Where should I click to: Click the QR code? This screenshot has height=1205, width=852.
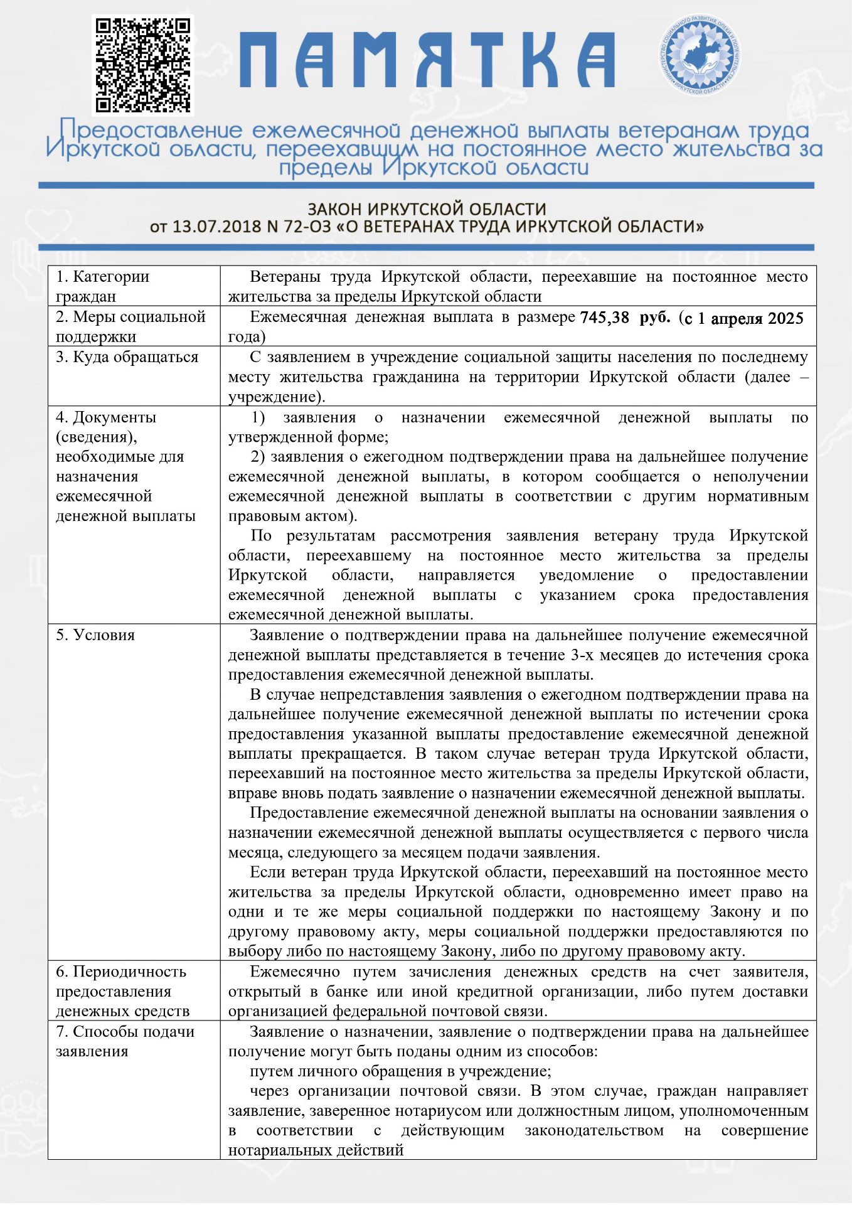click(142, 65)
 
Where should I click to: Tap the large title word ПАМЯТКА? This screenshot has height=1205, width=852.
click(427, 60)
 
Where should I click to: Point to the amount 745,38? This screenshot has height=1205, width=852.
click(604, 318)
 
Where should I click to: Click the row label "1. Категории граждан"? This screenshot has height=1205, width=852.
click(102, 286)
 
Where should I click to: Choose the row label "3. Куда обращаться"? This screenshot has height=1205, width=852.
click(127, 357)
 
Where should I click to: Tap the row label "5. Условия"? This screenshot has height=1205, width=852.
click(95, 635)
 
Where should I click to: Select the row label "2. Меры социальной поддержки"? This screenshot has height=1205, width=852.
click(130, 326)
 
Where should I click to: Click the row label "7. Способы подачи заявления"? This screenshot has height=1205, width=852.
click(125, 1041)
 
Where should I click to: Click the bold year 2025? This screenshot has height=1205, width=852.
click(785, 318)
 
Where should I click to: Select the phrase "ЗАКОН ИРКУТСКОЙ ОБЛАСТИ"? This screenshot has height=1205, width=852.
click(427, 209)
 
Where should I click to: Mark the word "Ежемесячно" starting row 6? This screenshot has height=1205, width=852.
click(295, 972)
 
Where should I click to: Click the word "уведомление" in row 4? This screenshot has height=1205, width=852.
click(586, 575)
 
